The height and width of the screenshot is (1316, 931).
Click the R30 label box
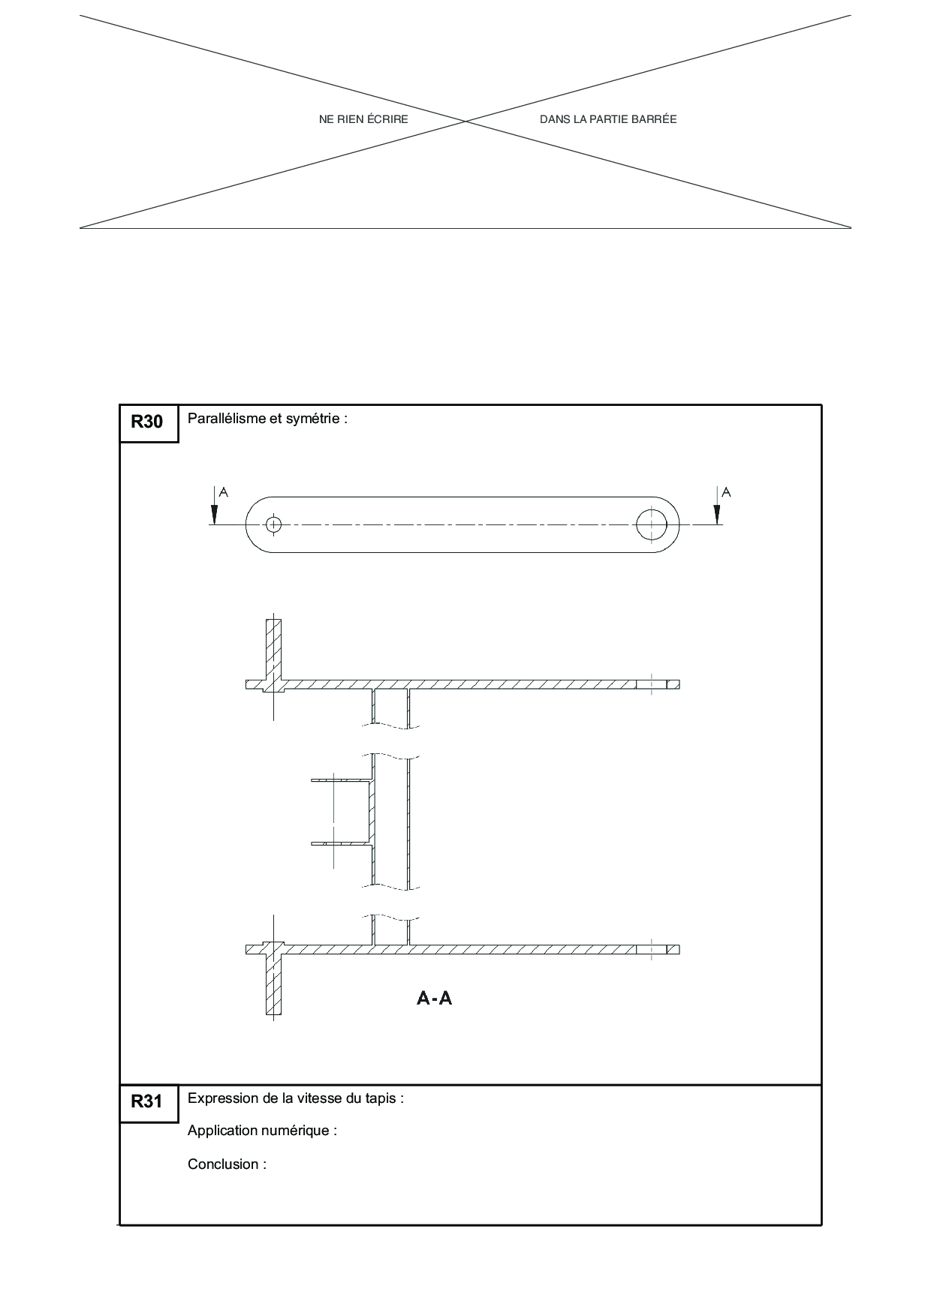[x=149, y=423]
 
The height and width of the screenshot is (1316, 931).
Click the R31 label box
[x=149, y=1103]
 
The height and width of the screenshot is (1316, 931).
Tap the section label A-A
[x=435, y=998]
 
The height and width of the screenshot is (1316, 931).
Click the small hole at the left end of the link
[x=273, y=524]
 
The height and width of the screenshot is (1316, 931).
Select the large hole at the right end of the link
[x=652, y=524]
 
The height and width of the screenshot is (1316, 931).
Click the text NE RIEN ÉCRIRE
[x=363, y=119]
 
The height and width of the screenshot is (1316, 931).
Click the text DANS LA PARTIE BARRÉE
[x=608, y=119]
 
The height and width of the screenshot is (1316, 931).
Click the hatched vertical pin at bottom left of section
[x=273, y=978]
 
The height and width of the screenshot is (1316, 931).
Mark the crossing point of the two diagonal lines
[x=465, y=122]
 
